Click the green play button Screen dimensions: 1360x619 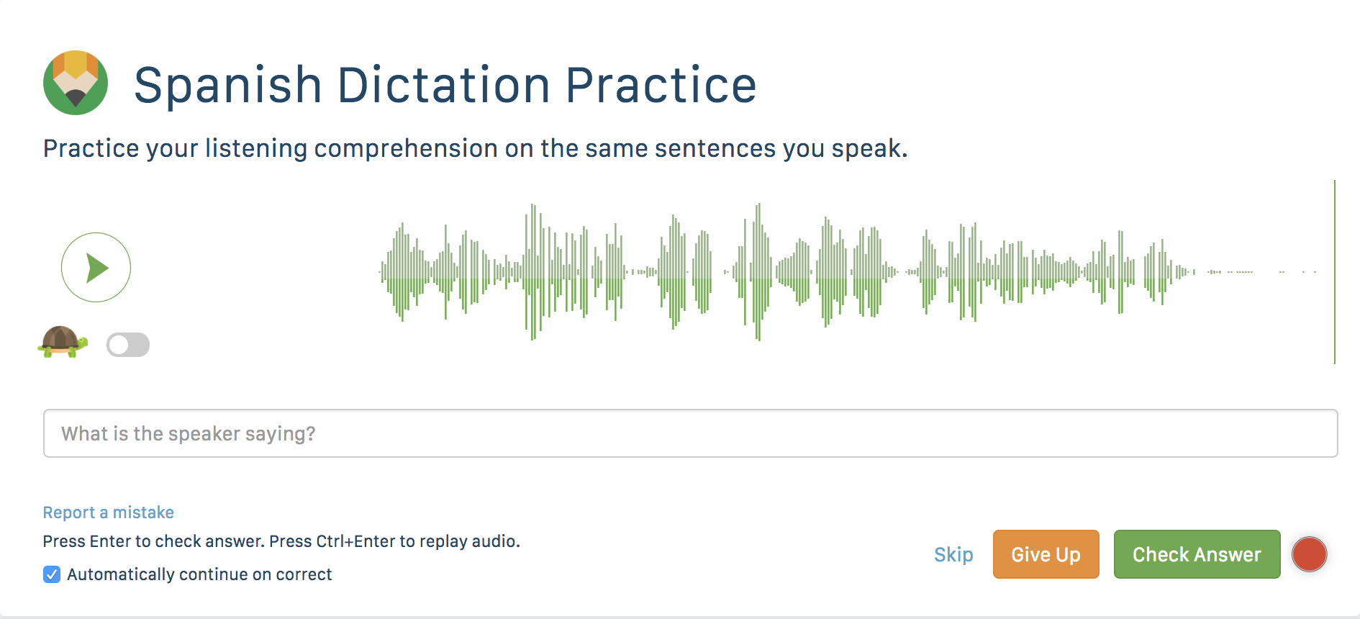(96, 267)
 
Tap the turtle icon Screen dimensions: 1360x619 (63, 342)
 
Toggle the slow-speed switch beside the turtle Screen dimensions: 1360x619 (128, 345)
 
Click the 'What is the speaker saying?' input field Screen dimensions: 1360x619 (690, 433)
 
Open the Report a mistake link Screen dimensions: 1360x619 (109, 512)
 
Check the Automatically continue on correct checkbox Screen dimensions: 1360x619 (52, 574)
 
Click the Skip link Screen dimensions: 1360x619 (953, 554)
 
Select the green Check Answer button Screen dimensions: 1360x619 (1197, 554)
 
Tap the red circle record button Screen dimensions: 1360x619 (1309, 554)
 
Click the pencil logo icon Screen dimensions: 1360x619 (76, 83)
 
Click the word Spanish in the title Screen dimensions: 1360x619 (227, 86)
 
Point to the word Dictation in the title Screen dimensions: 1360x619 (444, 85)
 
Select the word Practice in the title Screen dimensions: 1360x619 (661, 85)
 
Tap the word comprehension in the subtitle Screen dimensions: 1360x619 (406, 149)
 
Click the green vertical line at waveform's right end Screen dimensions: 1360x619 (1335, 272)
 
